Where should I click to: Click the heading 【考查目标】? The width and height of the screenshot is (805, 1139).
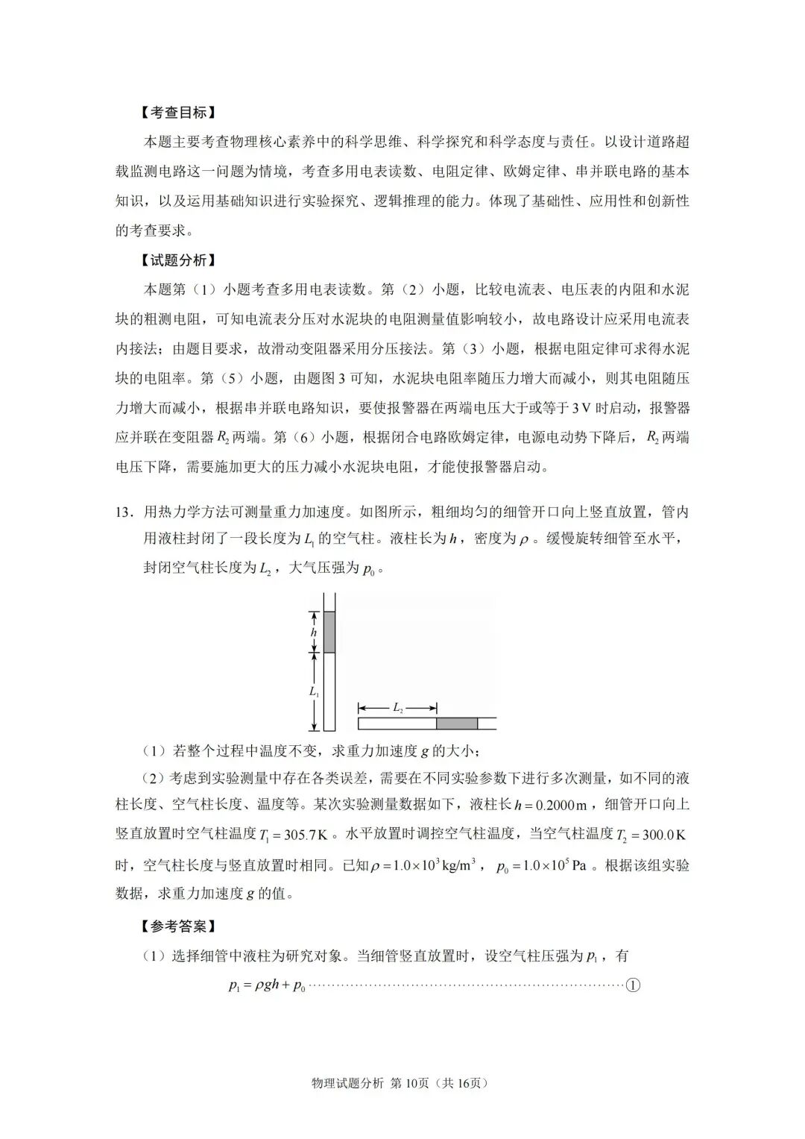pyautogui.click(x=177, y=113)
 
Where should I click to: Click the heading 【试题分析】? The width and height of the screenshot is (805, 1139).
pyautogui.click(x=177, y=260)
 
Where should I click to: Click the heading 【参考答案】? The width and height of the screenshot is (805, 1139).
pyautogui.click(x=177, y=926)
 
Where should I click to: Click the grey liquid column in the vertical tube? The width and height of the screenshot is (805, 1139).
pyautogui.click(x=329, y=632)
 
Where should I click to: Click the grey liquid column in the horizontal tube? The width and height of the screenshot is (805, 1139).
pyautogui.click(x=456, y=723)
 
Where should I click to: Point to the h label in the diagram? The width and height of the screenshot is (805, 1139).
pyautogui.click(x=314, y=633)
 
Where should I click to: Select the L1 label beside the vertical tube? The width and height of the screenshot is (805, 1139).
pyautogui.click(x=314, y=691)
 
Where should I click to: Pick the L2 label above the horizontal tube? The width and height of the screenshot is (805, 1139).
pyautogui.click(x=397, y=707)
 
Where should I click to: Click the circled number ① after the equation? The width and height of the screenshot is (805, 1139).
pyautogui.click(x=633, y=985)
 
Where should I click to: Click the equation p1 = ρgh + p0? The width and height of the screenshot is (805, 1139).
pyautogui.click(x=267, y=985)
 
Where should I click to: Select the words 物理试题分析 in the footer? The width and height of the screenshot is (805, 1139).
pyautogui.click(x=348, y=1083)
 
